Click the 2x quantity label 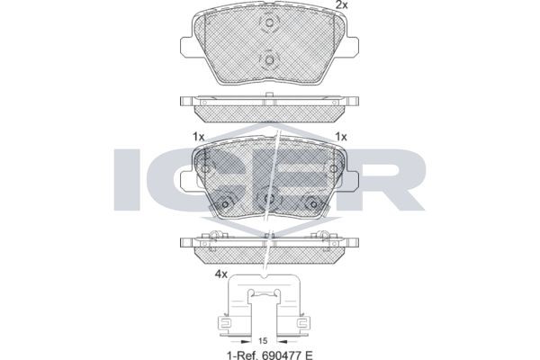pos(342,4)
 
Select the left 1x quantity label pos(198,137)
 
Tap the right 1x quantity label pos(341,137)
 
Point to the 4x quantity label pos(221,274)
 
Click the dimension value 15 pos(263,341)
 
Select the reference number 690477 pos(279,355)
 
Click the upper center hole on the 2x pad pos(270,22)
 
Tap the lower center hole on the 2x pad pos(270,60)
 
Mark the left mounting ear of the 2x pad pos(186,48)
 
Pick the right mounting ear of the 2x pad pos(353,48)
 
